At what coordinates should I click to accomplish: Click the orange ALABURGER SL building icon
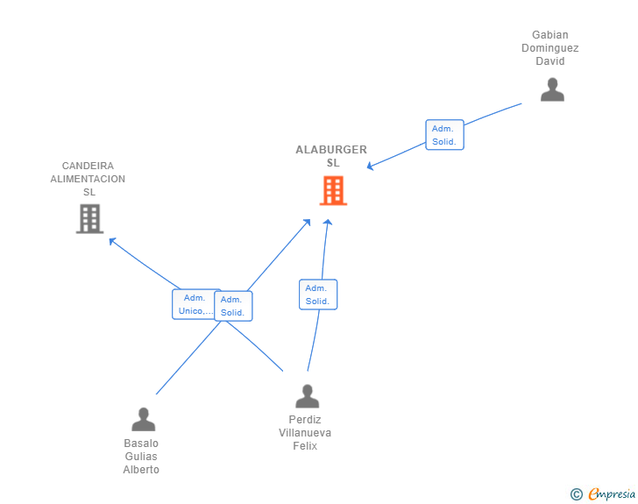333,190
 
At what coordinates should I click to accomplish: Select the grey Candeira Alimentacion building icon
90,218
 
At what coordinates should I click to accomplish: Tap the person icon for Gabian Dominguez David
552,89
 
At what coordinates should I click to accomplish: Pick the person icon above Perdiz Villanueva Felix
308,396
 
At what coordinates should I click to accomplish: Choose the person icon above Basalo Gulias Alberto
143,419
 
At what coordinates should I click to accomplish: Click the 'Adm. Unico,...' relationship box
194,304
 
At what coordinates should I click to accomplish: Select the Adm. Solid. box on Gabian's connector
444,135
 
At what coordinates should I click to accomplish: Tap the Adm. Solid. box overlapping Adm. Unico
233,306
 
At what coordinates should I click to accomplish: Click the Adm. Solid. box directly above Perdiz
318,295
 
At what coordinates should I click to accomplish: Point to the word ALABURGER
331,150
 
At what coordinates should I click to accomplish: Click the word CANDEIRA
88,166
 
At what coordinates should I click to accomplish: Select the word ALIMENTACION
88,179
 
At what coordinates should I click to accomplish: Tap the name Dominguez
550,48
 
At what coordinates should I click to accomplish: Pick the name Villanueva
305,433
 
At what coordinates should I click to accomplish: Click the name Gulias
141,457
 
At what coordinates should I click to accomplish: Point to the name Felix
305,446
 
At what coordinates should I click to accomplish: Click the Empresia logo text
612,494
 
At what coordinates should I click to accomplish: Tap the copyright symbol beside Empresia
577,494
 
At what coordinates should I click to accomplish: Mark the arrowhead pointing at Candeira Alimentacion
112,240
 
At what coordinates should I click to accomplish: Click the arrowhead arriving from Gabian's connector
370,166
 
